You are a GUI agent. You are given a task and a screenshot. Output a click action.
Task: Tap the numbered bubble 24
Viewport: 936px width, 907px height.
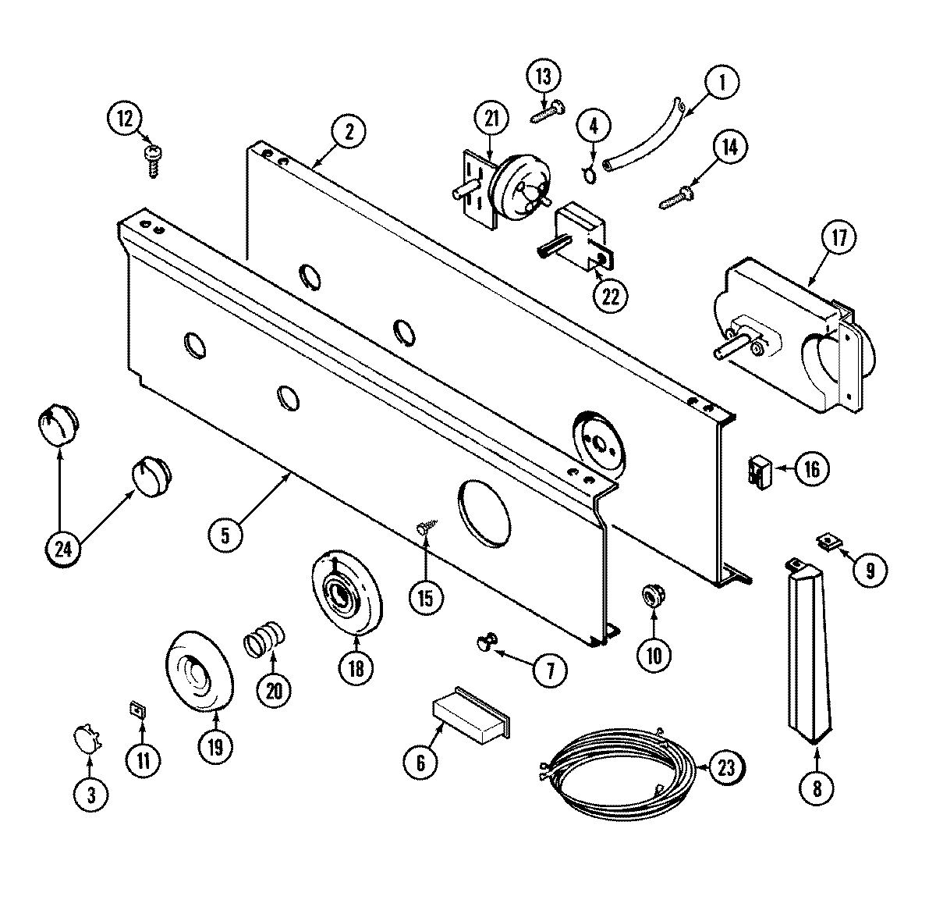(x=63, y=549)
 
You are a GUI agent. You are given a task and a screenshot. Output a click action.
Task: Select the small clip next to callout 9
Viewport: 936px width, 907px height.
(x=828, y=540)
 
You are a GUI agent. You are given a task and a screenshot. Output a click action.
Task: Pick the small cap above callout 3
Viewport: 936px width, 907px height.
(x=86, y=736)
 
